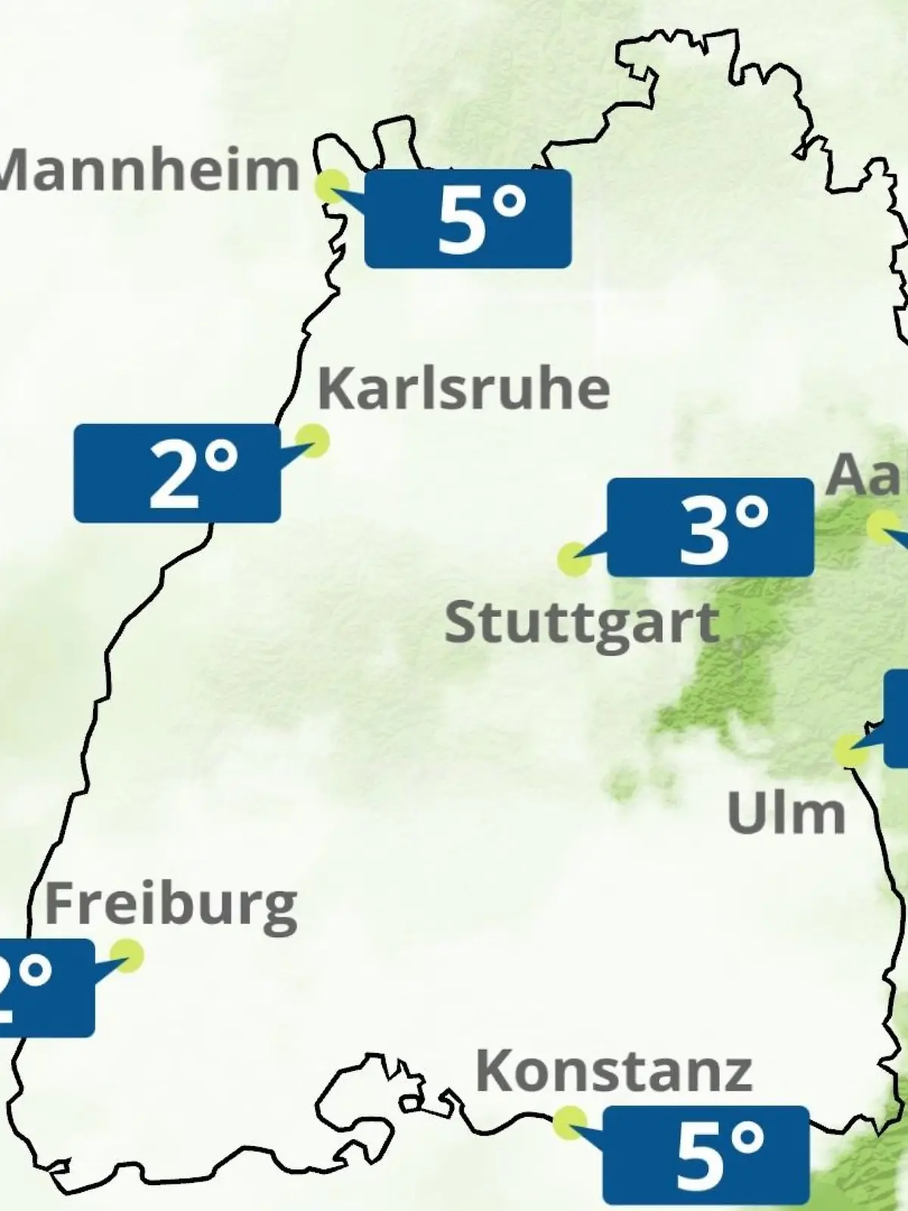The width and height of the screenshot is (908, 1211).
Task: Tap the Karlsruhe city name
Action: [x=463, y=389]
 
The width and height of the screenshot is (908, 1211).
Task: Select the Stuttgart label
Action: [x=581, y=624]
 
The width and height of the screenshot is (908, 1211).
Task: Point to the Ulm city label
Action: [x=785, y=814]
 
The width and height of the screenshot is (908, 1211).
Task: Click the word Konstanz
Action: [x=614, y=1071]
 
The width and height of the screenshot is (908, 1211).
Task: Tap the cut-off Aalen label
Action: [x=866, y=475]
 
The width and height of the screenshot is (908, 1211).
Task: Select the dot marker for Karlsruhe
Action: [x=312, y=440]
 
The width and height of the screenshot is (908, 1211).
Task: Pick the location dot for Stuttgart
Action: [x=574, y=559]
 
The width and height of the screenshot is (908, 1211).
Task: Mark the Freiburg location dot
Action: [x=126, y=955]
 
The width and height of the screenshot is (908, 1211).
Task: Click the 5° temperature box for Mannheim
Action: [x=468, y=219]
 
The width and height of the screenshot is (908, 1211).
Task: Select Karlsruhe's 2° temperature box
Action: [x=177, y=473]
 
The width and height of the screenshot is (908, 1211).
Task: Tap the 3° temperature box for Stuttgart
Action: [x=711, y=527]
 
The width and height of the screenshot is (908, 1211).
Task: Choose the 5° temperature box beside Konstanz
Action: [x=706, y=1155]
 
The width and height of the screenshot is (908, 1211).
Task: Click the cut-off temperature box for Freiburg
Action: [x=45, y=988]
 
